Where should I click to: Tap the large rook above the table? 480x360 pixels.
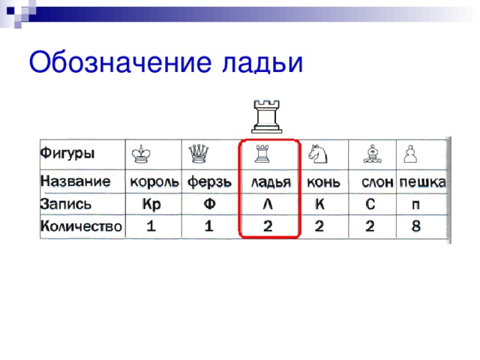click(x=265, y=115)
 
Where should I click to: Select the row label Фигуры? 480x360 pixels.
click(x=67, y=153)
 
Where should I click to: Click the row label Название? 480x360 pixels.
click(x=76, y=181)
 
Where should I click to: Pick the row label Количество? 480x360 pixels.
click(x=82, y=225)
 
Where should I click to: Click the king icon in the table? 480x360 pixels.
click(x=141, y=153)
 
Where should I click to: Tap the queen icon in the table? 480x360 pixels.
click(x=199, y=153)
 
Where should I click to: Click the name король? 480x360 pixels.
click(x=154, y=182)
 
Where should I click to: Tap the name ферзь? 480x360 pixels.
click(x=209, y=182)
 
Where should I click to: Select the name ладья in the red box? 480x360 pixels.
click(x=271, y=182)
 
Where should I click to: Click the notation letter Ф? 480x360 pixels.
click(x=211, y=203)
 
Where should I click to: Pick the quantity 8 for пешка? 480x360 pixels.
click(x=416, y=226)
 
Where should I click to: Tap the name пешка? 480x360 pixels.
click(x=422, y=182)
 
